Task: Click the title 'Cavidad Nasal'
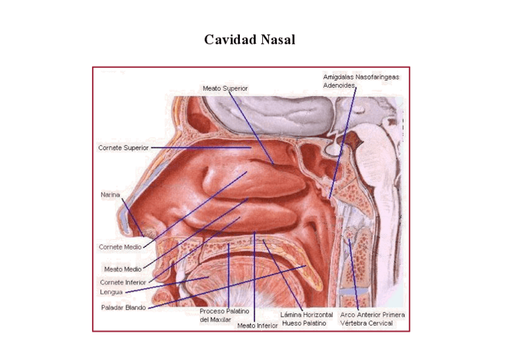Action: coord(250,40)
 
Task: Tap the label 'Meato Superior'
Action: coord(225,88)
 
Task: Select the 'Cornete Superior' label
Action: coord(123,147)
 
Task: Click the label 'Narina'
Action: coord(110,195)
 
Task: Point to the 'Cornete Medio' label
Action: coord(120,246)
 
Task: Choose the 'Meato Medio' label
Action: coord(123,269)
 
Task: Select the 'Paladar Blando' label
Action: coord(123,308)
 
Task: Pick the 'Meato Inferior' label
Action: coord(257,326)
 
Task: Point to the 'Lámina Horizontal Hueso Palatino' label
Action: coord(307,319)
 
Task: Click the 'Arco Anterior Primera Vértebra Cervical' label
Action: coord(372,319)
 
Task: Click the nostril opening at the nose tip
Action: coord(146,231)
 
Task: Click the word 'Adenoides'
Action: coord(339,85)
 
